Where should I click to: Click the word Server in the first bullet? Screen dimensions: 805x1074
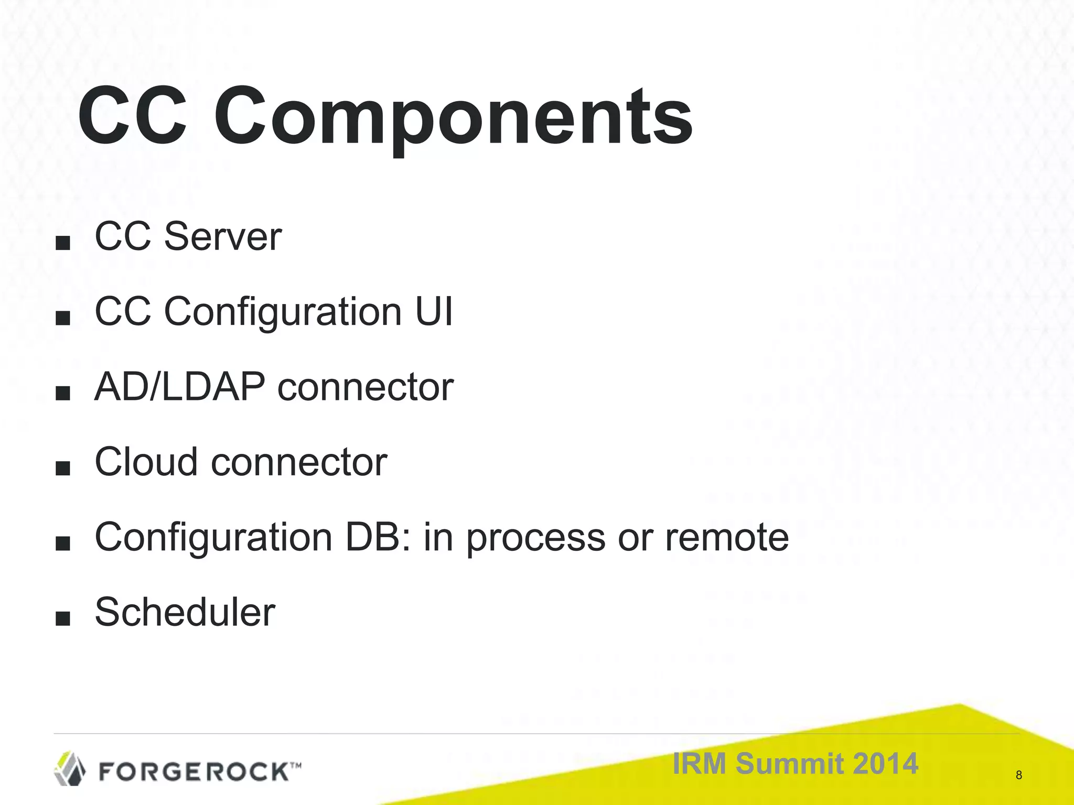coord(223,237)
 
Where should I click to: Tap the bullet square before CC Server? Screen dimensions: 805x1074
coord(62,243)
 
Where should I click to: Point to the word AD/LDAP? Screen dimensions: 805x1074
coord(180,387)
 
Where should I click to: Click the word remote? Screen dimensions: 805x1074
coord(727,538)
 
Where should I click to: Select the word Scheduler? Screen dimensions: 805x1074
coord(185,612)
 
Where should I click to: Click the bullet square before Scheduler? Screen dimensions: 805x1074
coord(62,618)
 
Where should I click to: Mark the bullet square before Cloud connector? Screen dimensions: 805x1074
coord(62,469)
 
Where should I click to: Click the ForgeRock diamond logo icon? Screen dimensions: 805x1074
coord(70,768)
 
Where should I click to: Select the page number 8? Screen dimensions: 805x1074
coord(1018,775)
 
